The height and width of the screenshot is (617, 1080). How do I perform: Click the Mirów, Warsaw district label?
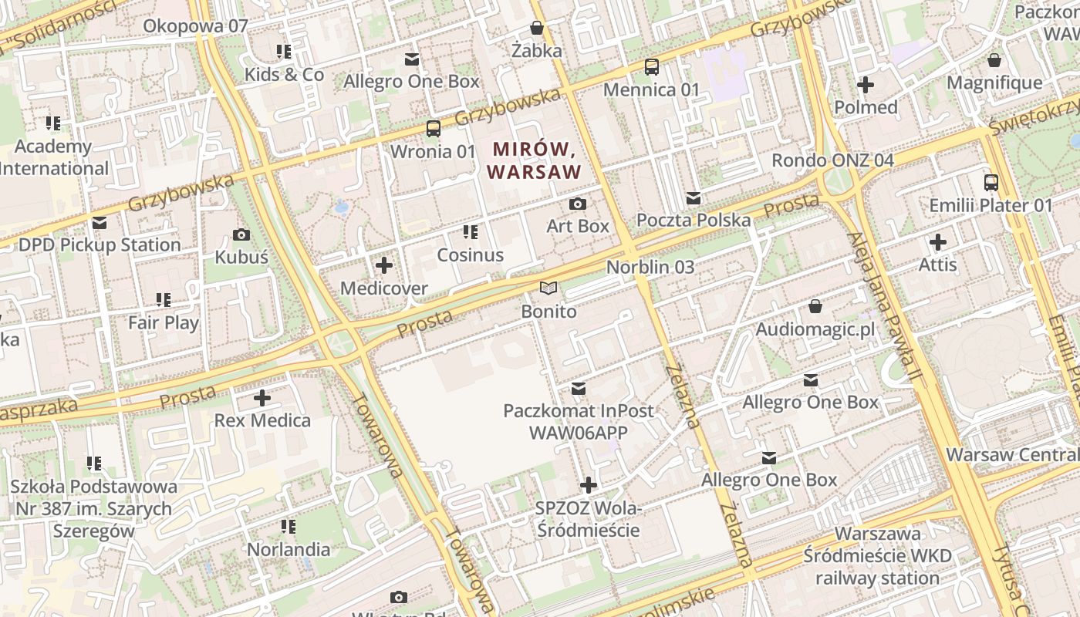[535, 159]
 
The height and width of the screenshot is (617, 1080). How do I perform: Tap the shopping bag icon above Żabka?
[537, 29]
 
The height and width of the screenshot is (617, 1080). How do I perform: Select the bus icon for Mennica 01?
[652, 67]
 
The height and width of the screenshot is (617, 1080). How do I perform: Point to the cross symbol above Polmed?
[866, 85]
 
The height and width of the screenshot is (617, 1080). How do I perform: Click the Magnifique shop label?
[994, 83]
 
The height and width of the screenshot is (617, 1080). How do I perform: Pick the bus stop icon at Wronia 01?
[434, 129]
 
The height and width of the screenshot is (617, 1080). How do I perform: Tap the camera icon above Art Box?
[577, 204]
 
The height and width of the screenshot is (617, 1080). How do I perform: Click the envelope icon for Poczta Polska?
[693, 198]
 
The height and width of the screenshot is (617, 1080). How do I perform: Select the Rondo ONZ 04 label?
[833, 160]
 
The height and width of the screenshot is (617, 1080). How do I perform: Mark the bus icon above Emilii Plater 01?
[991, 183]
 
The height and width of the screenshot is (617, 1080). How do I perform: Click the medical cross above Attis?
[938, 242]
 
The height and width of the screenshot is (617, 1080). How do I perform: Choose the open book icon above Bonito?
[548, 288]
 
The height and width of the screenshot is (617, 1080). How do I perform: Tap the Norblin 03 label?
[650, 267]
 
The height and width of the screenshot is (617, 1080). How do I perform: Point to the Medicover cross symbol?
[383, 266]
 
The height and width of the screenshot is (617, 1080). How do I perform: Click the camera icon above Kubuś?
[241, 234]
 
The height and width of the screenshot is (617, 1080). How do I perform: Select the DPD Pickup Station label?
[100, 244]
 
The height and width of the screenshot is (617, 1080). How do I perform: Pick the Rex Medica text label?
[262, 420]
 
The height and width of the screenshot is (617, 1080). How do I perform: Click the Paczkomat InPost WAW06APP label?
[578, 421]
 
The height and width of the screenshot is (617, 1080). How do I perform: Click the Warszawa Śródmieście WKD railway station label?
[877, 555]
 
